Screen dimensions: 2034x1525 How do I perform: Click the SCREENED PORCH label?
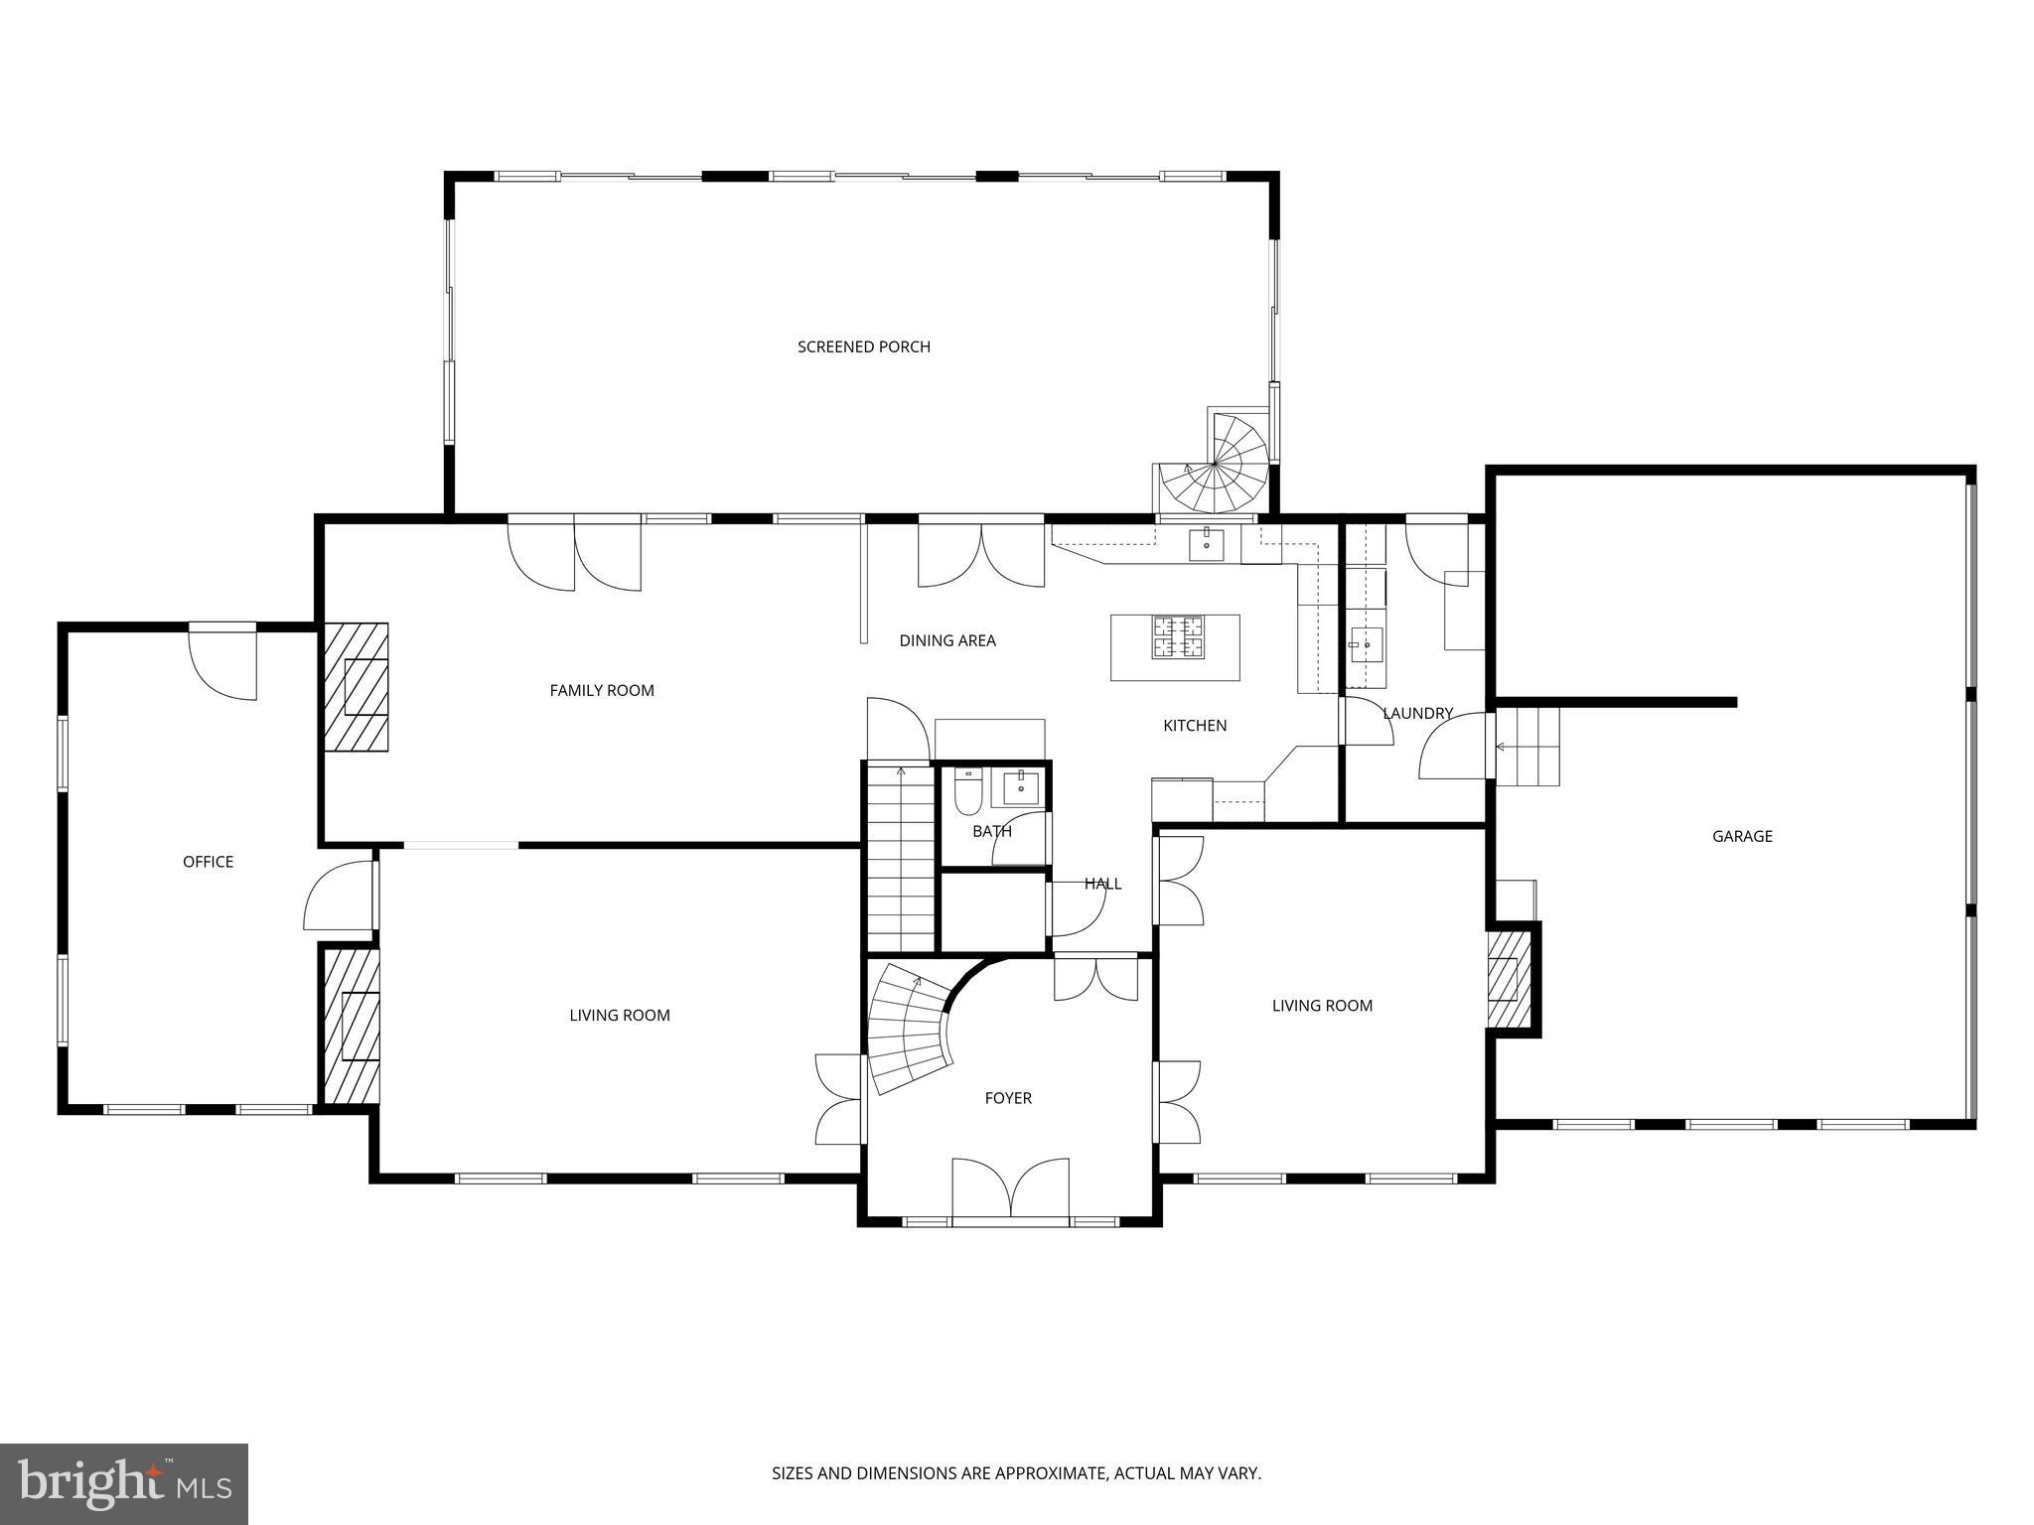coord(864,347)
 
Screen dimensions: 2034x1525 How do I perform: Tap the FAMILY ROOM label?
coord(602,690)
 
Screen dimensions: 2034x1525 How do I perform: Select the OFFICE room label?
coord(208,862)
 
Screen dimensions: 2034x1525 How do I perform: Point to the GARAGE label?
coord(1742,836)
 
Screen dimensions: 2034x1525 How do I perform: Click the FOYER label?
coord(1008,1098)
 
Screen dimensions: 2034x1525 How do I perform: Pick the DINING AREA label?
coord(947,640)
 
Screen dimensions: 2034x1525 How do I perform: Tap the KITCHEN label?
coord(1195,726)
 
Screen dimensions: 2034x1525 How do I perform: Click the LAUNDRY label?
coord(1417,713)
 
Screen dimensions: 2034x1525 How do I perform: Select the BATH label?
coord(992,831)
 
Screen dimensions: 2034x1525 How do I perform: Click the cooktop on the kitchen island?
coord(1177,637)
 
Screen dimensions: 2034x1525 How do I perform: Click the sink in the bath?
coord(1021,787)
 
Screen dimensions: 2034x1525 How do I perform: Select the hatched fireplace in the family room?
coord(357,687)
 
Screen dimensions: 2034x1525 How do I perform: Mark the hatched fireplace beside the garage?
coord(1510,980)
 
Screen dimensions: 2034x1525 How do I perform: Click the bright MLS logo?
coord(124,1484)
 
